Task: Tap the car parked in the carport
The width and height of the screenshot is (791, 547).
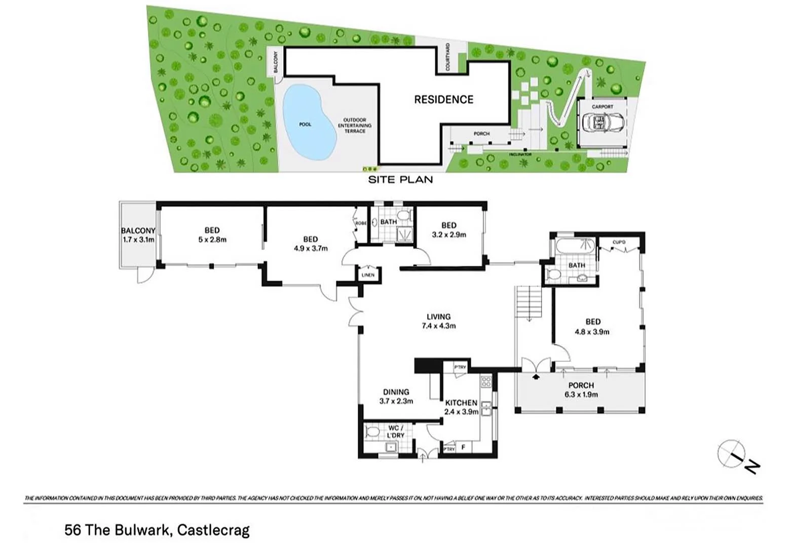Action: (x=603, y=123)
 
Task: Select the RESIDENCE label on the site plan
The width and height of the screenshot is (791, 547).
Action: (x=443, y=100)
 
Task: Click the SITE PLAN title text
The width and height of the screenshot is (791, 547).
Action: (x=400, y=179)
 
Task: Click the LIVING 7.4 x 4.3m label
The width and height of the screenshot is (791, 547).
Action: (x=438, y=322)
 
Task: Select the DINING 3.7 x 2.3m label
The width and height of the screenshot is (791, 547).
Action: (x=396, y=396)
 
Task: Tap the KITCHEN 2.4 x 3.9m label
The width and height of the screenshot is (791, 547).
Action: (x=461, y=407)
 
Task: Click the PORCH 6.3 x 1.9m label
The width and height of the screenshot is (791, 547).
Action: (x=581, y=389)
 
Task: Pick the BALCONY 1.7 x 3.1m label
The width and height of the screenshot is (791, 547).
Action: (x=138, y=235)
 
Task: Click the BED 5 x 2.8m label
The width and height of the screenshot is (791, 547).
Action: (x=212, y=235)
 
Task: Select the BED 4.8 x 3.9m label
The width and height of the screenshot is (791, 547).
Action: (x=592, y=327)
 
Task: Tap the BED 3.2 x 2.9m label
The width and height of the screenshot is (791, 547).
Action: (x=448, y=230)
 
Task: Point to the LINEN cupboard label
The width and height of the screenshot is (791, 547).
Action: (x=368, y=275)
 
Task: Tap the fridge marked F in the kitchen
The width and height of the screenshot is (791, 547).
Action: (x=463, y=448)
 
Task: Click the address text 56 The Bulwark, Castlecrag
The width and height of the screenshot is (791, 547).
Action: (x=157, y=530)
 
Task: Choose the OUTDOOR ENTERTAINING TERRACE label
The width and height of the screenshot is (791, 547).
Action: (x=355, y=126)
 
